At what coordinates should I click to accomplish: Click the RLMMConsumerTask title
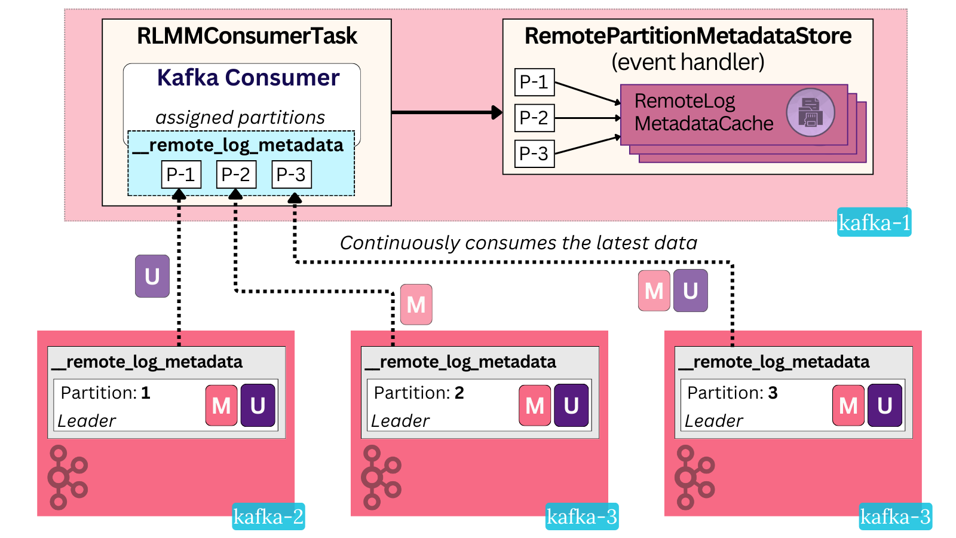pyautogui.click(x=247, y=36)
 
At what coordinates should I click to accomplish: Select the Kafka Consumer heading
pyautogui.click(x=248, y=78)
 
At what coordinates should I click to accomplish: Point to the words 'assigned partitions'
pyautogui.click(x=240, y=117)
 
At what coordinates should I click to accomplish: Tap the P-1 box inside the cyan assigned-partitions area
pyautogui.click(x=181, y=175)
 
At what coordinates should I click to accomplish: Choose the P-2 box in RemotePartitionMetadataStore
pyautogui.click(x=534, y=118)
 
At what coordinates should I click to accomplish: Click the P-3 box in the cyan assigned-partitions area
pyautogui.click(x=292, y=175)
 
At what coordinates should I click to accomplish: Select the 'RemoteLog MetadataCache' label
pyautogui.click(x=703, y=112)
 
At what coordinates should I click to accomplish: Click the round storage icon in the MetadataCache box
pyautogui.click(x=810, y=112)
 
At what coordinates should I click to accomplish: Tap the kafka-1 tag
pyautogui.click(x=874, y=222)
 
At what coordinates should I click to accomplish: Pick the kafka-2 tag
pyautogui.click(x=268, y=516)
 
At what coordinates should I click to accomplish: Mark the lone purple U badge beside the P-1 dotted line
pyautogui.click(x=152, y=276)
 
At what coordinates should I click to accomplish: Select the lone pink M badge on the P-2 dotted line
pyautogui.click(x=416, y=305)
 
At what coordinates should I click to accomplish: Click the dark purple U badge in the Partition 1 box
pyautogui.click(x=258, y=405)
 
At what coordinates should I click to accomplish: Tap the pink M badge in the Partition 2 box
pyautogui.click(x=535, y=405)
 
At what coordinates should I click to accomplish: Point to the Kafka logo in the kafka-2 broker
pyautogui.click(x=67, y=477)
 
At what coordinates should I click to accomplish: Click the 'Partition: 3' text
pyautogui.click(x=733, y=393)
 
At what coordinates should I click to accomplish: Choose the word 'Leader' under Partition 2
pyautogui.click(x=400, y=421)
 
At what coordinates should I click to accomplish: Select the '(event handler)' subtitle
pyautogui.click(x=688, y=62)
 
